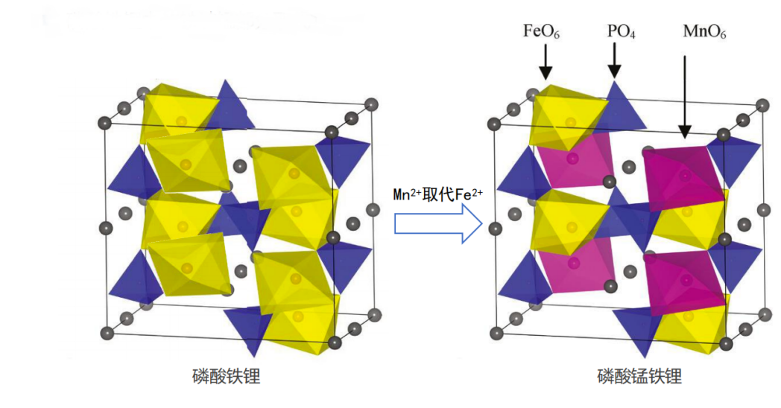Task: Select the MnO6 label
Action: point(704,32)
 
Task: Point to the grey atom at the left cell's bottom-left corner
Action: point(106,331)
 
